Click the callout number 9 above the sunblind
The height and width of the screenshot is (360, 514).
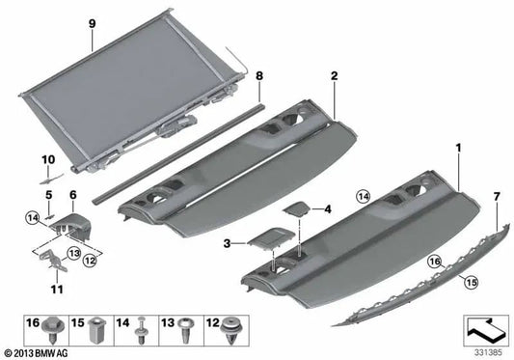coord(93,23)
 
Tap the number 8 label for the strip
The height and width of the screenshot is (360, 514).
coord(259,76)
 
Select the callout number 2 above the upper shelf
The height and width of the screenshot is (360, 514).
coord(334,76)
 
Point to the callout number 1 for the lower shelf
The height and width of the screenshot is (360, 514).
coord(459,148)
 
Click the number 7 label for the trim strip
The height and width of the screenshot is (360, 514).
coord(497,197)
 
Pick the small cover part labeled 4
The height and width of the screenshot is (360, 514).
coord(297,209)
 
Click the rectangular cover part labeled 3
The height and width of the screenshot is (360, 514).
coord(271,238)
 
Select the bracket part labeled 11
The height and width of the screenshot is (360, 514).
coord(54,261)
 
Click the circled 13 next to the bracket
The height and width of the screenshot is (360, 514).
coord(73,253)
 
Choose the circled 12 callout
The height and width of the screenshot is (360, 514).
coord(89,261)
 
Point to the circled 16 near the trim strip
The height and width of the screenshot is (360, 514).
coord(434,262)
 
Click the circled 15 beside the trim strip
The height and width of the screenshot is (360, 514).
coord(471,282)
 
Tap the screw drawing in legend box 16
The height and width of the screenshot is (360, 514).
coord(51,329)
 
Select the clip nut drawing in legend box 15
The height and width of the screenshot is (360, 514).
coord(95,330)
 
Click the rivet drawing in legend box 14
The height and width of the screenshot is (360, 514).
coord(141,330)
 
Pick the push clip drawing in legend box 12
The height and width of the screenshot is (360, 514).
coord(232,330)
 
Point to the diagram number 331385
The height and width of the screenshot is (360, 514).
coord(488,353)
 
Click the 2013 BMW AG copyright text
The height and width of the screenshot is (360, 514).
coord(37,353)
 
